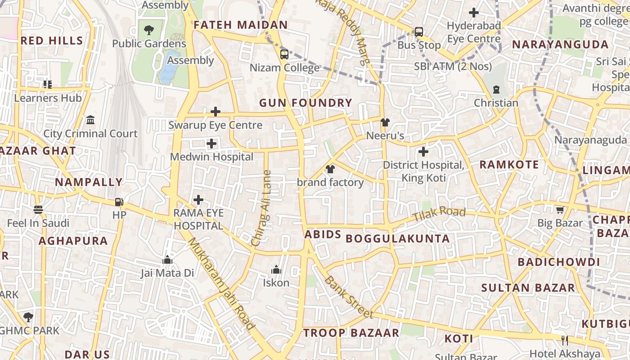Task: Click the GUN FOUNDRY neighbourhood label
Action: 306,103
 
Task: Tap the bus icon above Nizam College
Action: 284,54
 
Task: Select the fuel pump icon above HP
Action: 119,202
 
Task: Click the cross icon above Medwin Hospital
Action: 211,144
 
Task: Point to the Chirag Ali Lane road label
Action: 261,208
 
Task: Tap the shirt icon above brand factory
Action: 330,169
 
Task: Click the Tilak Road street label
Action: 439,214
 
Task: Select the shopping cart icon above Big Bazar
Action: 560,210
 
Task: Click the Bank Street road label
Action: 348,297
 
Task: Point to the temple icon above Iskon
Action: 276,270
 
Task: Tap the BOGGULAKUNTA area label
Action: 398,239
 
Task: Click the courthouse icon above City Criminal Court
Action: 90,120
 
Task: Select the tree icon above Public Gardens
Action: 148,30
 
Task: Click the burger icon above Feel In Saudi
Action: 38,210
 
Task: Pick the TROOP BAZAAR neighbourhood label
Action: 351,333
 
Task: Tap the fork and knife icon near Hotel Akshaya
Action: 565,341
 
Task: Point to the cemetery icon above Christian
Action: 496,90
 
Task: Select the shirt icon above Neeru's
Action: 385,122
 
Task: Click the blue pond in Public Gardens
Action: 168,67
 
